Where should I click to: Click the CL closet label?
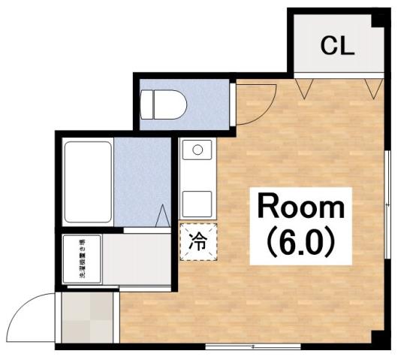click(x=337, y=46)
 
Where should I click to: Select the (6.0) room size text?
click(x=301, y=241)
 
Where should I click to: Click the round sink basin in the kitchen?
click(x=198, y=150)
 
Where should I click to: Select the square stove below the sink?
click(x=198, y=202)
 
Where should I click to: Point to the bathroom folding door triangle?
click(x=162, y=216)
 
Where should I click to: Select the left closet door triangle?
click(x=304, y=88)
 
